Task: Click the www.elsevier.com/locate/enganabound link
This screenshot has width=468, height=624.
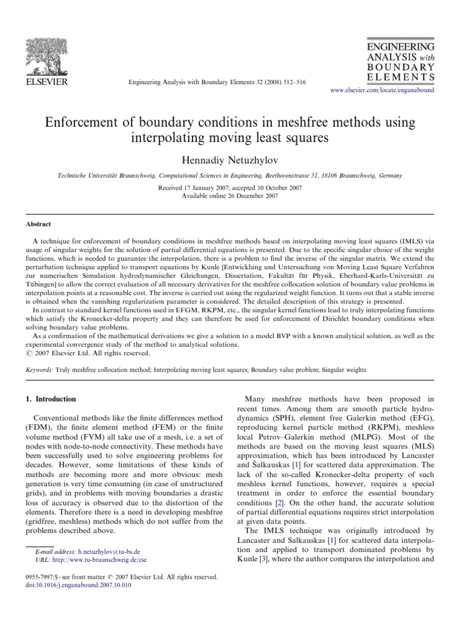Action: point(382,89)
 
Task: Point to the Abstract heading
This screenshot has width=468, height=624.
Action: point(38,224)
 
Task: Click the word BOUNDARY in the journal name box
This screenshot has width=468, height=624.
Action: point(400,66)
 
